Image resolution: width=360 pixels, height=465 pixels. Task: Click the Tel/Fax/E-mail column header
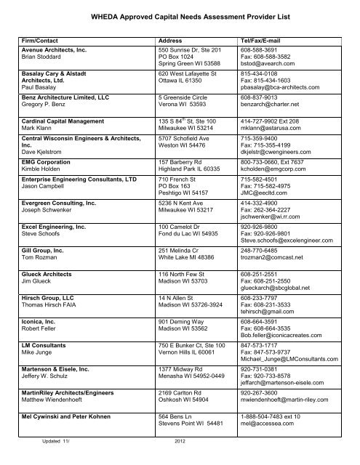[x=263, y=39]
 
